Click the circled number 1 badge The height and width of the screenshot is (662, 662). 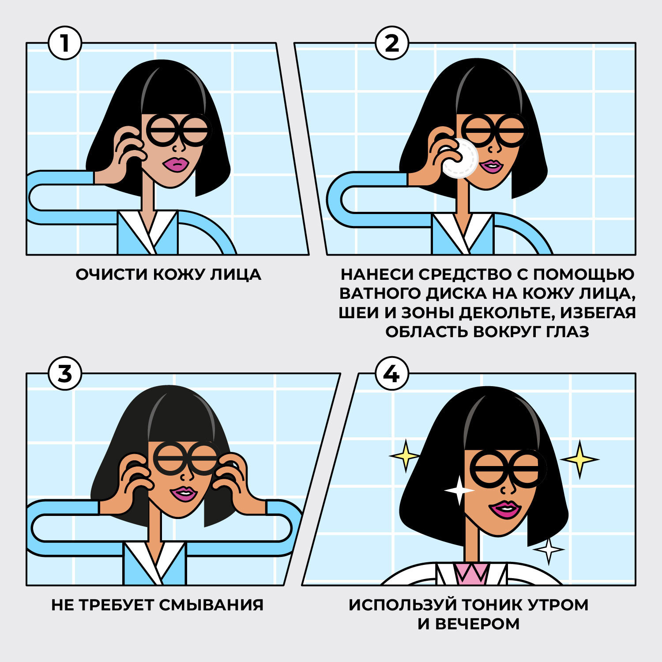point(65,43)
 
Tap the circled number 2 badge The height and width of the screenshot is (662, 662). point(392,43)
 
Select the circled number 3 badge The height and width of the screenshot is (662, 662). point(65,374)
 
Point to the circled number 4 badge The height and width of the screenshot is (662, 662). point(392,374)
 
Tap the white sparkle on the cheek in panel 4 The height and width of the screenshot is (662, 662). point(459,490)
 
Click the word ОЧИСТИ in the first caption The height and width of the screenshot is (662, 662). point(112,275)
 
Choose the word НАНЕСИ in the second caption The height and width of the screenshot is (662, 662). point(376,275)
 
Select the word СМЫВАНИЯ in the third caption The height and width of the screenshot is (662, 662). point(211,605)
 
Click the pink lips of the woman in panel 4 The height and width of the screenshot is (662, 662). point(504,510)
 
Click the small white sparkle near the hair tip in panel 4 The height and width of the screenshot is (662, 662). point(549,550)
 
